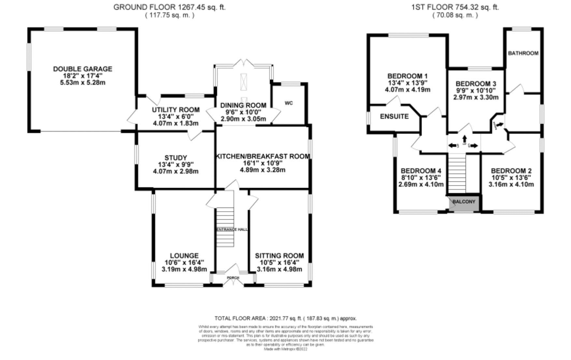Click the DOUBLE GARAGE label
click(x=82, y=69)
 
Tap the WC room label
click(x=289, y=103)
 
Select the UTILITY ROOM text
click(x=176, y=110)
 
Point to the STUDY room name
click(x=176, y=158)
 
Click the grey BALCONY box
click(x=464, y=202)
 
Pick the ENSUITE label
click(x=394, y=116)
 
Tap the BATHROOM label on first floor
click(x=523, y=53)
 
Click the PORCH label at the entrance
click(x=233, y=278)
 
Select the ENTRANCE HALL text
click(x=232, y=230)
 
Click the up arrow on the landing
click(x=464, y=139)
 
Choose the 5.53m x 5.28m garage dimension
click(x=82, y=83)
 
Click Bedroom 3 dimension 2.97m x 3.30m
click(x=476, y=97)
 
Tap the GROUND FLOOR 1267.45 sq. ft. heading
click(x=169, y=7)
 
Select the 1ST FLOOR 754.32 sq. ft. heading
click(x=455, y=7)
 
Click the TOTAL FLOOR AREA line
click(x=285, y=318)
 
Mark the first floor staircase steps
click(x=457, y=174)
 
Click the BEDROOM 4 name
click(x=421, y=171)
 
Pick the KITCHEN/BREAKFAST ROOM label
click(x=263, y=156)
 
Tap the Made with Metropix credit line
click(x=285, y=349)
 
